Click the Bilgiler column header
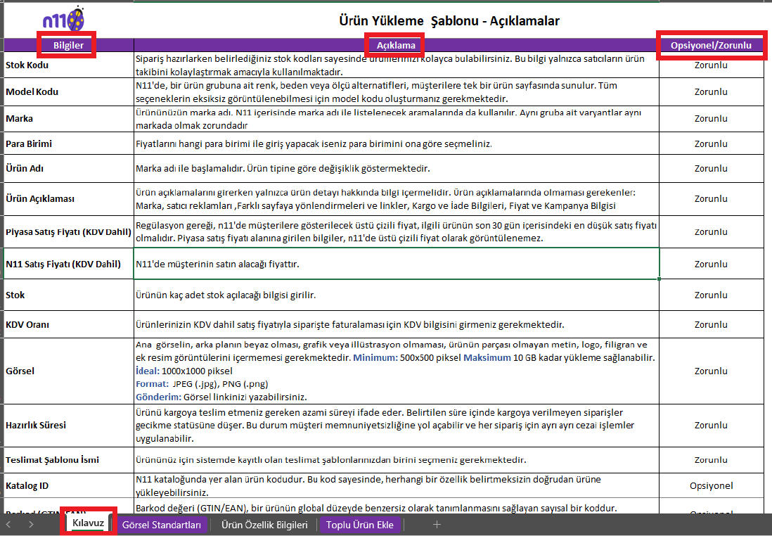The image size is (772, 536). tap(68, 46)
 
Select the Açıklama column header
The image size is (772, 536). tap(396, 46)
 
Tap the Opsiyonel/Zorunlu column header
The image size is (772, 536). tap(711, 46)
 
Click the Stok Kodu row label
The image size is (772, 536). tap(27, 65)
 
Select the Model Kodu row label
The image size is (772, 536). tap(32, 91)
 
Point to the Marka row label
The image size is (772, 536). tap(20, 118)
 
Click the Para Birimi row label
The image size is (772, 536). tap(29, 143)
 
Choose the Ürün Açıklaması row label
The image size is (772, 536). tap(40, 198)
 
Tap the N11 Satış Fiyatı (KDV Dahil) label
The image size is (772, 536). tap(63, 264)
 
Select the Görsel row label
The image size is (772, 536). tap(20, 371)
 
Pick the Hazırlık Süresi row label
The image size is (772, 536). tap(37, 426)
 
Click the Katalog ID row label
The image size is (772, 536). tap(27, 485)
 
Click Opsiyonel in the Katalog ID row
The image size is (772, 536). tap(711, 485)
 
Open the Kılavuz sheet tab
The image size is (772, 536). tap(88, 524)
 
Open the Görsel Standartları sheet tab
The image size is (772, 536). tap(162, 525)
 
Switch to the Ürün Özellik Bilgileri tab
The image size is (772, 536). tap(264, 525)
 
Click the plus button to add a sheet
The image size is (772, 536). tap(437, 525)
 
